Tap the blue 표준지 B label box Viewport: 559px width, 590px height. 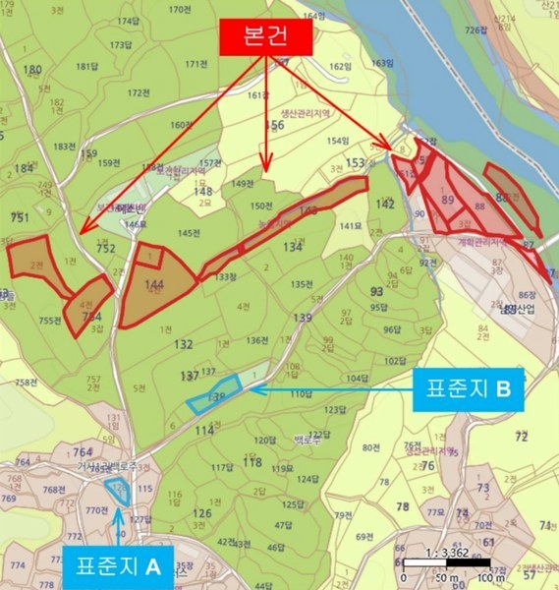466,388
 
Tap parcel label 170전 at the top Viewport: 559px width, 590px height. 180,10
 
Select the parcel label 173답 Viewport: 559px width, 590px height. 121,45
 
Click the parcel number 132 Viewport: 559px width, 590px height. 183,345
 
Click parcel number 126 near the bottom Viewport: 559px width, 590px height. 202,513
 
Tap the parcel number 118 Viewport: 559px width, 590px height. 252,462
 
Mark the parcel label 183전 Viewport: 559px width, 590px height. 65,147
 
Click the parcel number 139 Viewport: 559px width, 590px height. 303,318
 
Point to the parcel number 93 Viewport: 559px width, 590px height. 376,292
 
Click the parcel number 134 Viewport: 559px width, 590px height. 292,248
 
